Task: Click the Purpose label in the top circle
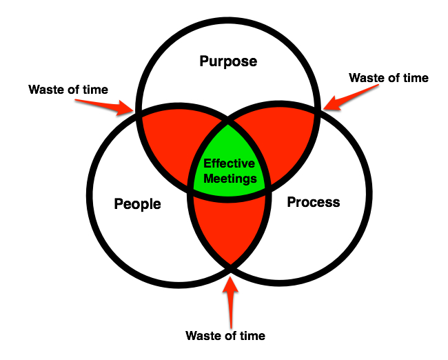coord(228,61)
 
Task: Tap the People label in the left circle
coord(137,204)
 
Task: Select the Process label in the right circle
coord(313,202)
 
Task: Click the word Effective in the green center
coord(228,164)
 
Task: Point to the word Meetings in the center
coord(228,179)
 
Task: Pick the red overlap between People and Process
coord(228,228)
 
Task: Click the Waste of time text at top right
coord(388,78)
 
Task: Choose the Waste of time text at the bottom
coord(225,336)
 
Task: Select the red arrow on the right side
coord(345,99)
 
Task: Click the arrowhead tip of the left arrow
coord(134,112)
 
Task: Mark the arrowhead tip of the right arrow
coord(323,109)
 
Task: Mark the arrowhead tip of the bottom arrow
coord(231,272)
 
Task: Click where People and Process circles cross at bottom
coord(230,263)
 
